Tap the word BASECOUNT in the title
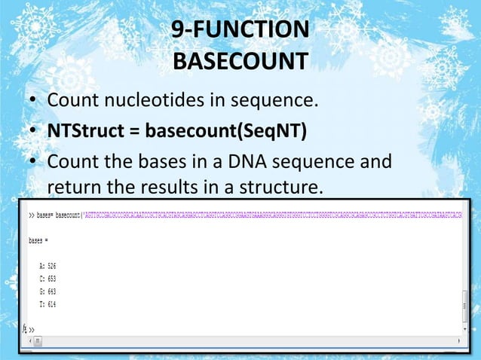(x=240, y=59)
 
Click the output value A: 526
(x=47, y=266)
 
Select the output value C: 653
(x=47, y=279)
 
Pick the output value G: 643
(x=47, y=291)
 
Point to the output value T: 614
(x=47, y=304)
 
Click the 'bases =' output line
(x=38, y=241)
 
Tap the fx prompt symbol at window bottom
(x=26, y=330)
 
